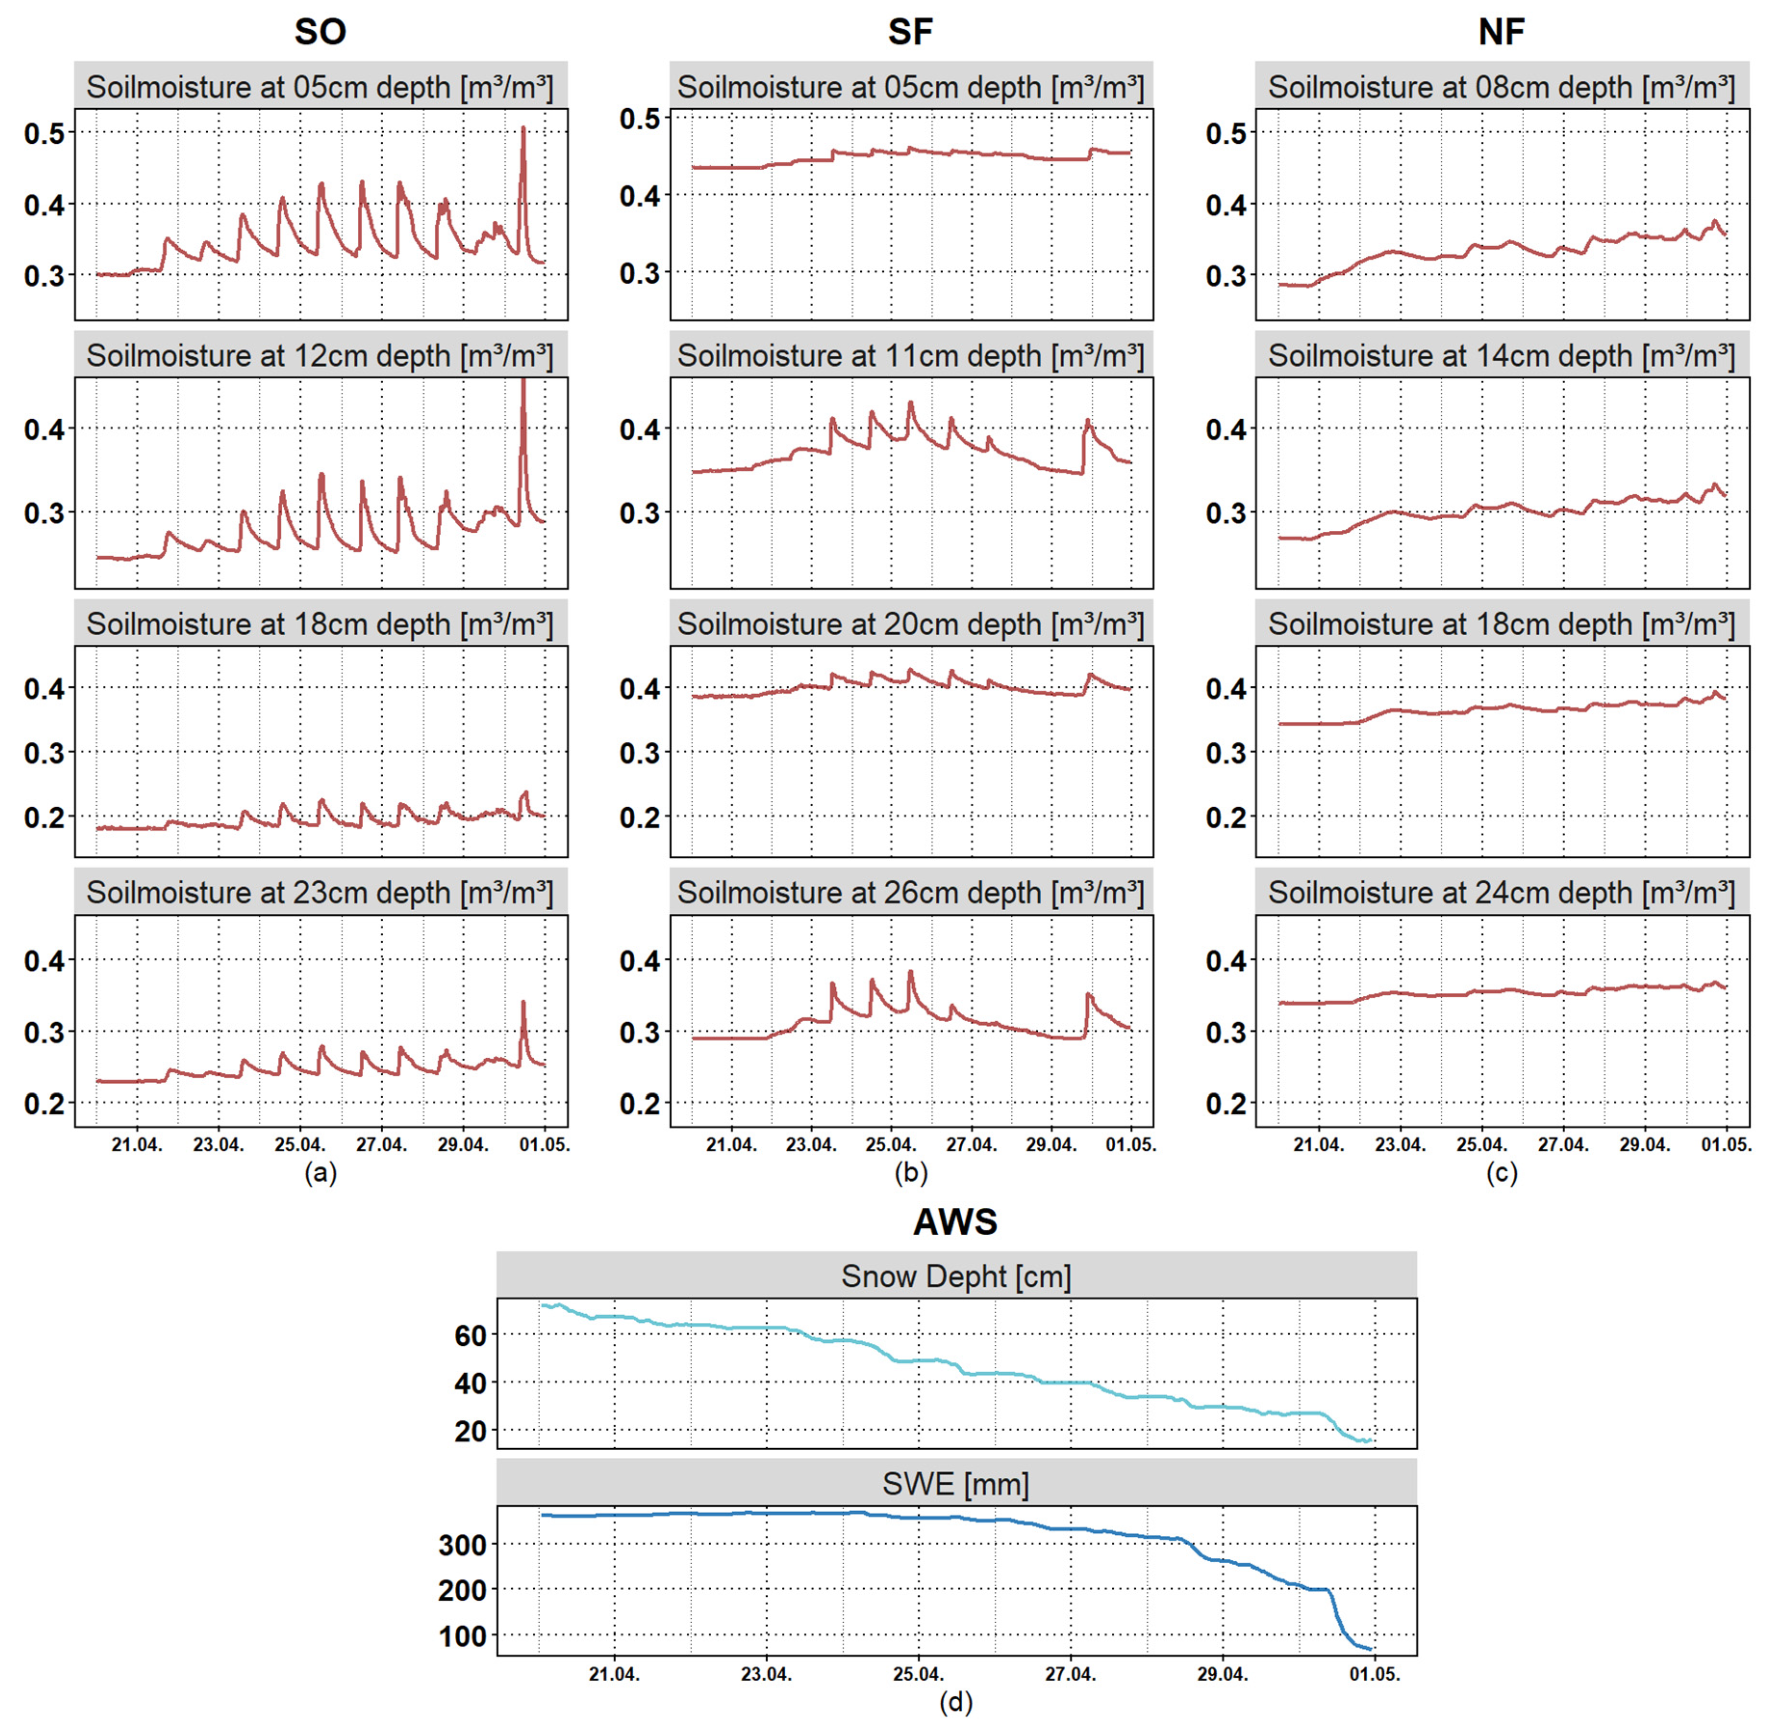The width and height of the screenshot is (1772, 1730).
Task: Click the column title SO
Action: click(x=320, y=32)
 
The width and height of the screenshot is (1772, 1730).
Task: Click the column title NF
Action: click(x=1501, y=32)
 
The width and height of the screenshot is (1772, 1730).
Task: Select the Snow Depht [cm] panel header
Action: click(x=956, y=1277)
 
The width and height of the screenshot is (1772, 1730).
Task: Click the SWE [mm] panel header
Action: click(x=956, y=1485)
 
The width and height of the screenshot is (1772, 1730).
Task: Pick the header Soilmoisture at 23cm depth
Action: click(x=320, y=893)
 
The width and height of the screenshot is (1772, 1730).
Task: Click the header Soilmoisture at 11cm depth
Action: click(x=911, y=356)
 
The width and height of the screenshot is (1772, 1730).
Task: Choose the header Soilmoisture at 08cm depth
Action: click(x=1501, y=88)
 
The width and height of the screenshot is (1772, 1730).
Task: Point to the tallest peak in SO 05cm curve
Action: click(x=523, y=129)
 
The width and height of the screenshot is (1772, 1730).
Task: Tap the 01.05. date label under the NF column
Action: click(x=1726, y=1145)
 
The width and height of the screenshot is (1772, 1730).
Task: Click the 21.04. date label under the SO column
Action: click(x=137, y=1145)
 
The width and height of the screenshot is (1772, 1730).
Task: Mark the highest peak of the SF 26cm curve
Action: click(x=911, y=972)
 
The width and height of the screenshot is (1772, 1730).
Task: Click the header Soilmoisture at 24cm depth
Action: click(x=1501, y=893)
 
